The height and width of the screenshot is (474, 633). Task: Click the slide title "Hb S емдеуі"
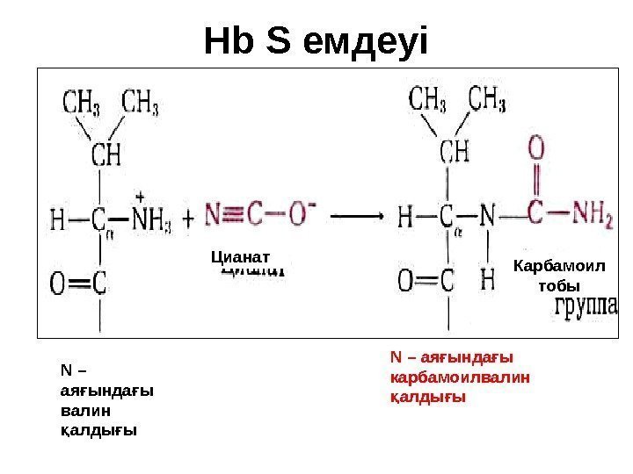(316, 40)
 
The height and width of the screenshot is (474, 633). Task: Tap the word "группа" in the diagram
(587, 307)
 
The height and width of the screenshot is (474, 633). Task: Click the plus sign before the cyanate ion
(188, 216)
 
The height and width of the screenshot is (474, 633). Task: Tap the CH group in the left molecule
(106, 156)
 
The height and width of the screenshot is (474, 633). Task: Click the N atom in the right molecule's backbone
(489, 214)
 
